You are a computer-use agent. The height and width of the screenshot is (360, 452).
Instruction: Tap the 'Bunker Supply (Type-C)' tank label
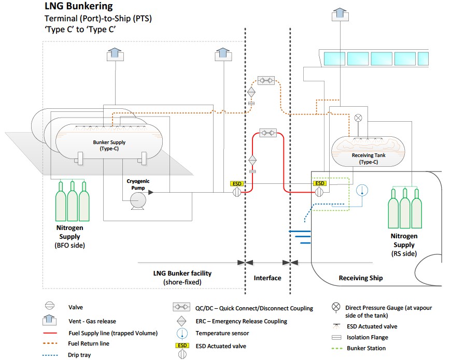[109, 145]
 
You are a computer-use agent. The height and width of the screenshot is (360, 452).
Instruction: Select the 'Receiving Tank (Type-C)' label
[365, 159]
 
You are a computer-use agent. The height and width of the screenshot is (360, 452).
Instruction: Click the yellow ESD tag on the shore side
[237, 183]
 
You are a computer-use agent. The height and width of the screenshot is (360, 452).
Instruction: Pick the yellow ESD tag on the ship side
[320, 183]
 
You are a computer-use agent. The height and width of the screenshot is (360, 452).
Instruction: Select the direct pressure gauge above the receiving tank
[357, 118]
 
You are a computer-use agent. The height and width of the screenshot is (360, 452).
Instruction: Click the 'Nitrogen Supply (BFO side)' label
[69, 236]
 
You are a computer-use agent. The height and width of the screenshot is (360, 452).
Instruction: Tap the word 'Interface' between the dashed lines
[267, 278]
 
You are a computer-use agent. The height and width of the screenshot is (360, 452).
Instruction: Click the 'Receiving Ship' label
[361, 278]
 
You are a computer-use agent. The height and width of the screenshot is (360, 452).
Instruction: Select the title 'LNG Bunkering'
[78, 7]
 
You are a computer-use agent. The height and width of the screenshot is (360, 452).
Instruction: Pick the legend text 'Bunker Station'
[365, 348]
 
